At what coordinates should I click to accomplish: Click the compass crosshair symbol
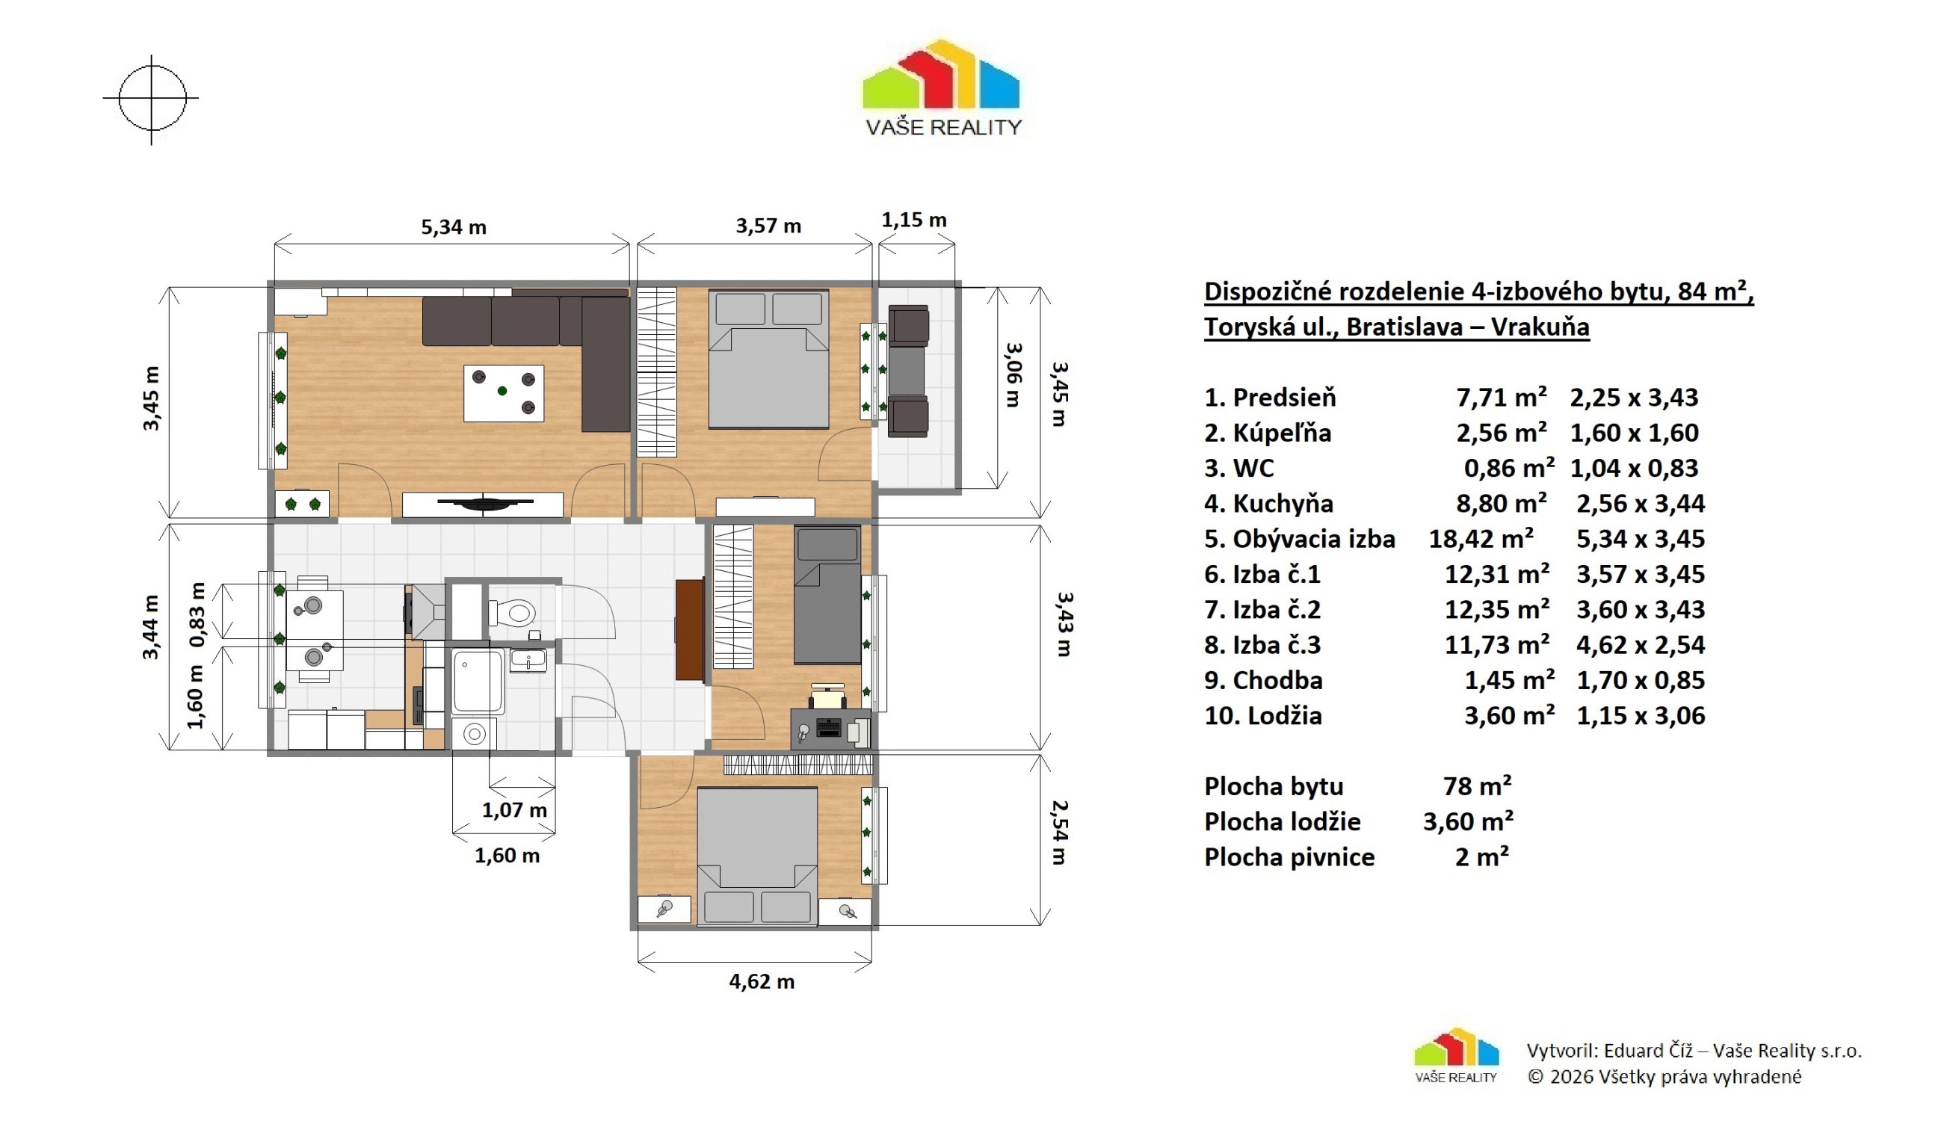[x=152, y=99]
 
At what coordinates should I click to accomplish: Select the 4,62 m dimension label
[x=762, y=982]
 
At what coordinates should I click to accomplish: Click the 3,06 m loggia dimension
[x=1014, y=375]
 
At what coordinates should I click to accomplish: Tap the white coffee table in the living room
[x=504, y=393]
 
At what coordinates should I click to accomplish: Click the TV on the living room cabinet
[x=485, y=503]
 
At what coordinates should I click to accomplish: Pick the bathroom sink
[x=528, y=661]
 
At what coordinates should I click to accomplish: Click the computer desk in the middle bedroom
[x=830, y=729]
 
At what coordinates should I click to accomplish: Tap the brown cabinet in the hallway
[x=690, y=629]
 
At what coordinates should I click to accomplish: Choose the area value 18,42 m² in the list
[x=1481, y=540]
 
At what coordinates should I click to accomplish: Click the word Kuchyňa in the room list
[x=1283, y=504]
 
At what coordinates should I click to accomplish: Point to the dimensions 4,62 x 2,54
[x=1640, y=645]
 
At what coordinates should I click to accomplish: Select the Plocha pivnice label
[x=1289, y=857]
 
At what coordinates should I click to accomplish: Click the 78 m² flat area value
[x=1477, y=786]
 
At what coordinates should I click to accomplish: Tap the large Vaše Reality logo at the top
[x=942, y=87]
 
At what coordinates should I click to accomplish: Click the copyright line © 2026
[x=1665, y=1077]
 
